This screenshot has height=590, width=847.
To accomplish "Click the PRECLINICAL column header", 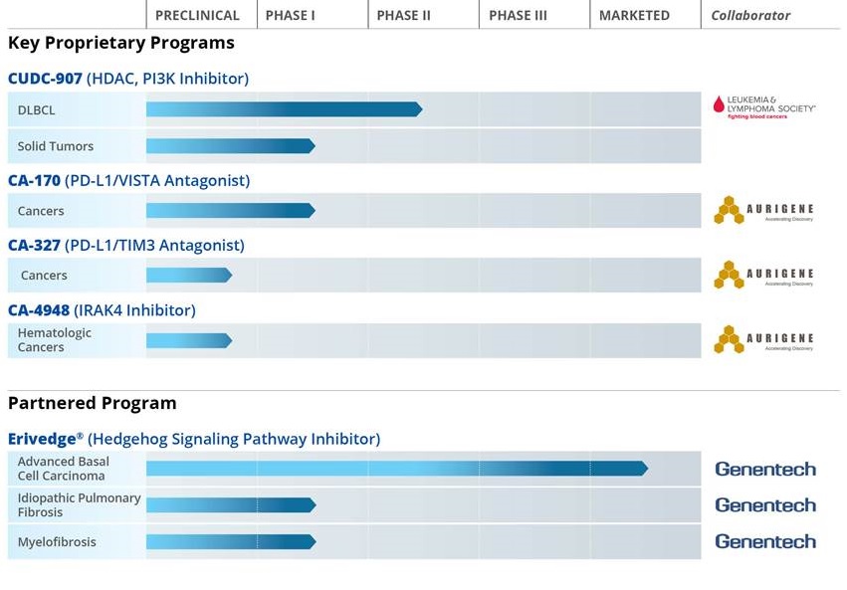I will point(197,15).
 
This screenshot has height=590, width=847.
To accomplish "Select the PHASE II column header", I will point(403,15).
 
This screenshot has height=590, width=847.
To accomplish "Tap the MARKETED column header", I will point(634,15).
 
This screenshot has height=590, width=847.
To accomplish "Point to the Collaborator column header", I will point(750,15).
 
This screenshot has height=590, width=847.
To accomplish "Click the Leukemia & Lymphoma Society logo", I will point(763,106).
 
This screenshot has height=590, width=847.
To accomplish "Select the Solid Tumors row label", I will point(56,146).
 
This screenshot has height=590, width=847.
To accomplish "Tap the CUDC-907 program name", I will point(46,78).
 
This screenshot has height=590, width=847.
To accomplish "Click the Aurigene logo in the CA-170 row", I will point(763,210).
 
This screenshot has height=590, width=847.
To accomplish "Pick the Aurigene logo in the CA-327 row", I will point(763,275).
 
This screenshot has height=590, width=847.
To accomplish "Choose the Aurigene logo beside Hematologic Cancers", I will point(763,339).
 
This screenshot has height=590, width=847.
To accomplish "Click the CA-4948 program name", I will point(39,309).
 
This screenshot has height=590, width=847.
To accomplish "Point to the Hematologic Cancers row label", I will point(55,340).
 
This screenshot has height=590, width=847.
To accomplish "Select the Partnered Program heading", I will point(92,403).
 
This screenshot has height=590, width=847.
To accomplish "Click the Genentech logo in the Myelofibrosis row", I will point(764,541).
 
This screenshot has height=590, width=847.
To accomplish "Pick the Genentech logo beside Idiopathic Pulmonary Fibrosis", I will point(764,504).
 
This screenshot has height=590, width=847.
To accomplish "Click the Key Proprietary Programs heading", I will point(121,43).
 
